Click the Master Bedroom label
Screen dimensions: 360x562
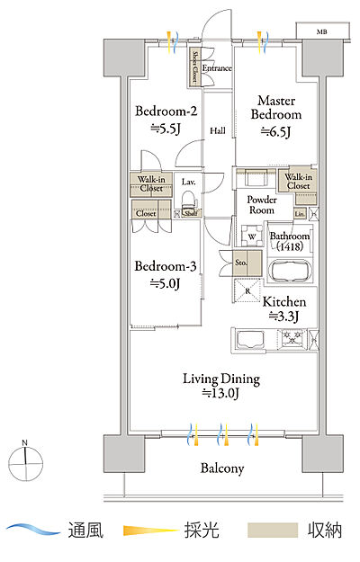click(275, 108)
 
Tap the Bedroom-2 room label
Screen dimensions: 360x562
click(166, 112)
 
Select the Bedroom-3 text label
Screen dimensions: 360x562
click(166, 266)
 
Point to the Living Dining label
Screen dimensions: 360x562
click(221, 379)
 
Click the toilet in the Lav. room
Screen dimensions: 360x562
click(188, 199)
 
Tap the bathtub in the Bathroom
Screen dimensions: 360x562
click(290, 272)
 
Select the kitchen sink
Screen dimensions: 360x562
click(250, 339)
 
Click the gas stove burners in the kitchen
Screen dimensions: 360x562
click(293, 338)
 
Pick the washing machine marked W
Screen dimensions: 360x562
click(252, 236)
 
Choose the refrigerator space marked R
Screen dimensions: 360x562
click(247, 290)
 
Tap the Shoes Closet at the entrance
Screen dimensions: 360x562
click(195, 67)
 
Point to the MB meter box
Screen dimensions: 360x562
click(322, 31)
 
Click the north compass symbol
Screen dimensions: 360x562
click(25, 461)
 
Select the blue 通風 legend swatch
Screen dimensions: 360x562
click(33, 530)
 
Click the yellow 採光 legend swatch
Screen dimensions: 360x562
click(150, 530)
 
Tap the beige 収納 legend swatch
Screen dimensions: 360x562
click(273, 530)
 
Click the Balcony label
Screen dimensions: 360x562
click(222, 468)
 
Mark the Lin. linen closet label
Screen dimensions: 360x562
click(300, 214)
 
